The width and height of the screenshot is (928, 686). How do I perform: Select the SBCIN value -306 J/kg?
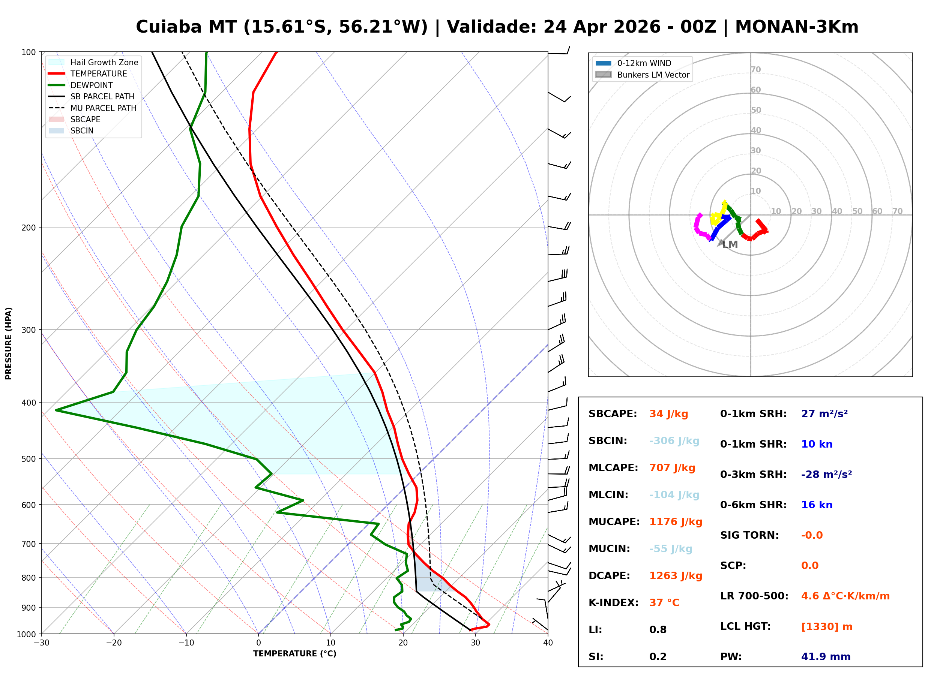point(674,441)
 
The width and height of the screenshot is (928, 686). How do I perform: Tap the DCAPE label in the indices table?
point(609,576)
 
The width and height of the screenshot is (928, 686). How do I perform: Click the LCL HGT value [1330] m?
point(827,627)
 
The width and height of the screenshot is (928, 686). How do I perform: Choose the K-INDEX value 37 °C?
point(664,603)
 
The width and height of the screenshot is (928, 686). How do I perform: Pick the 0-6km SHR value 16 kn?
point(817,505)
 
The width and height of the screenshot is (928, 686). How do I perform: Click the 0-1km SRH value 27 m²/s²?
point(824,414)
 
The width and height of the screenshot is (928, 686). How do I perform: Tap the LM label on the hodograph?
point(730,245)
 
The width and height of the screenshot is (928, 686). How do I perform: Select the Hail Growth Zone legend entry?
point(104,62)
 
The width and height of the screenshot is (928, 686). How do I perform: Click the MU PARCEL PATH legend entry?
point(103,108)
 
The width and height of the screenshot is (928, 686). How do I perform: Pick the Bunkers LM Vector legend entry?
point(653,75)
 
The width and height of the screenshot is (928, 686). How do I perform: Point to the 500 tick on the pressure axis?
point(29,459)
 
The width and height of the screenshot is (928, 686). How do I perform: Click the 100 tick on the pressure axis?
point(29,52)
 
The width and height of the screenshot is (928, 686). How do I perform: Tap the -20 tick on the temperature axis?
point(113,643)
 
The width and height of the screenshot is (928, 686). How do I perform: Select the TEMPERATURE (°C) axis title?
point(294,654)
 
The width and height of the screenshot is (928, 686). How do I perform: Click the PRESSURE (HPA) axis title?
point(9,343)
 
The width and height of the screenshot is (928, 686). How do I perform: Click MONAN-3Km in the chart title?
point(796,27)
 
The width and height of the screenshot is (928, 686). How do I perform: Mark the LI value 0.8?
point(658,630)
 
